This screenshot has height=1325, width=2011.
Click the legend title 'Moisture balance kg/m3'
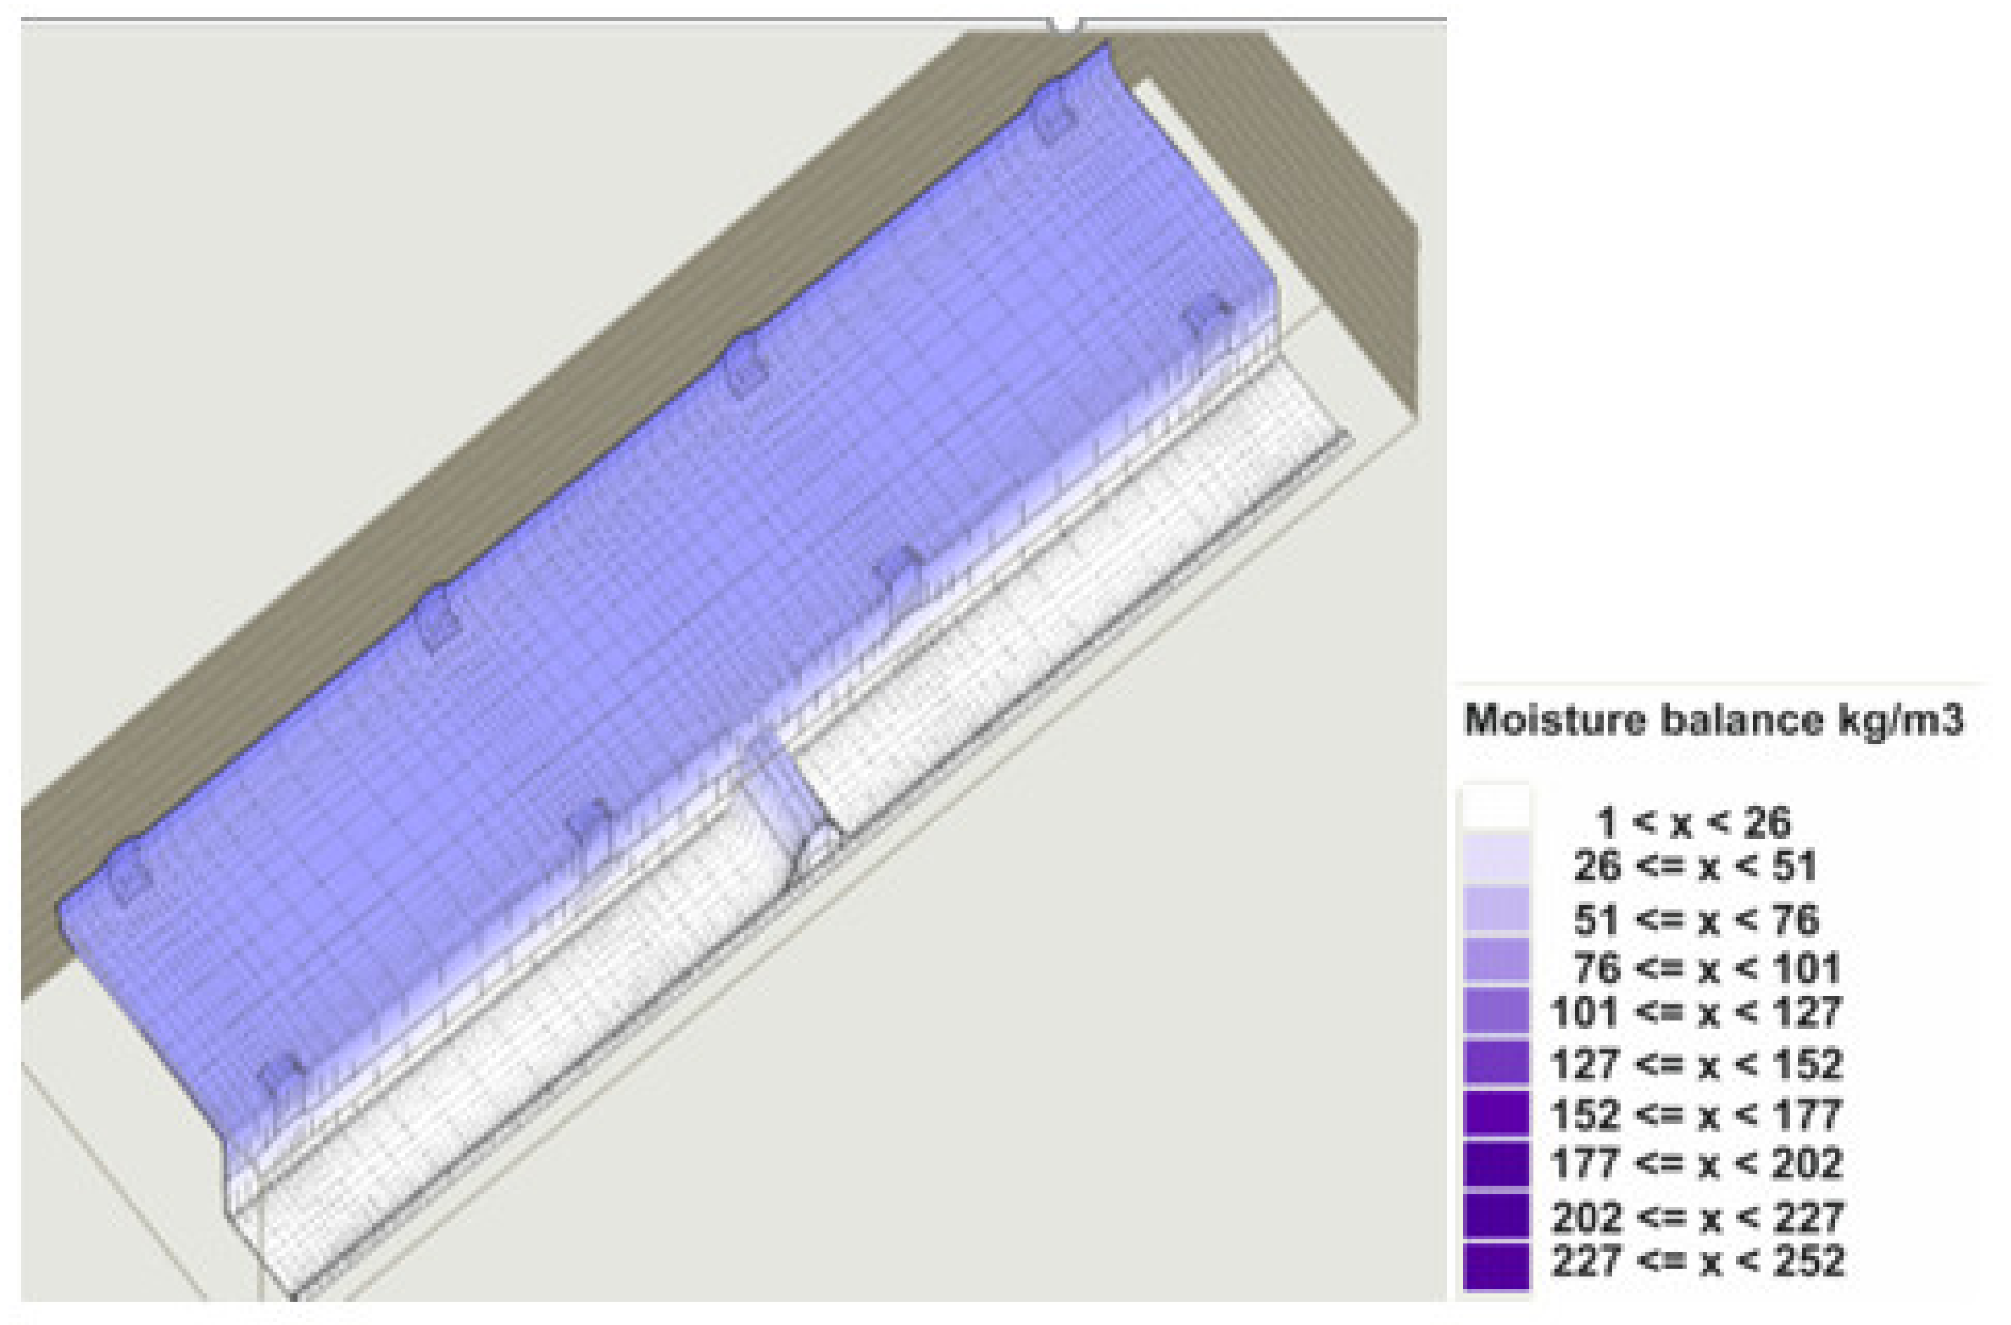(x=1713, y=721)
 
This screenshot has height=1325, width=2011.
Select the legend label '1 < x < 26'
(x=1693, y=822)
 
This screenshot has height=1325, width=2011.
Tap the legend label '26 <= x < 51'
(x=1695, y=867)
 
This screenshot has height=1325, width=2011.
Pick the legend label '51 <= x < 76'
(x=1696, y=919)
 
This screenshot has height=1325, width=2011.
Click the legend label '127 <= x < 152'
(x=1696, y=1064)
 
